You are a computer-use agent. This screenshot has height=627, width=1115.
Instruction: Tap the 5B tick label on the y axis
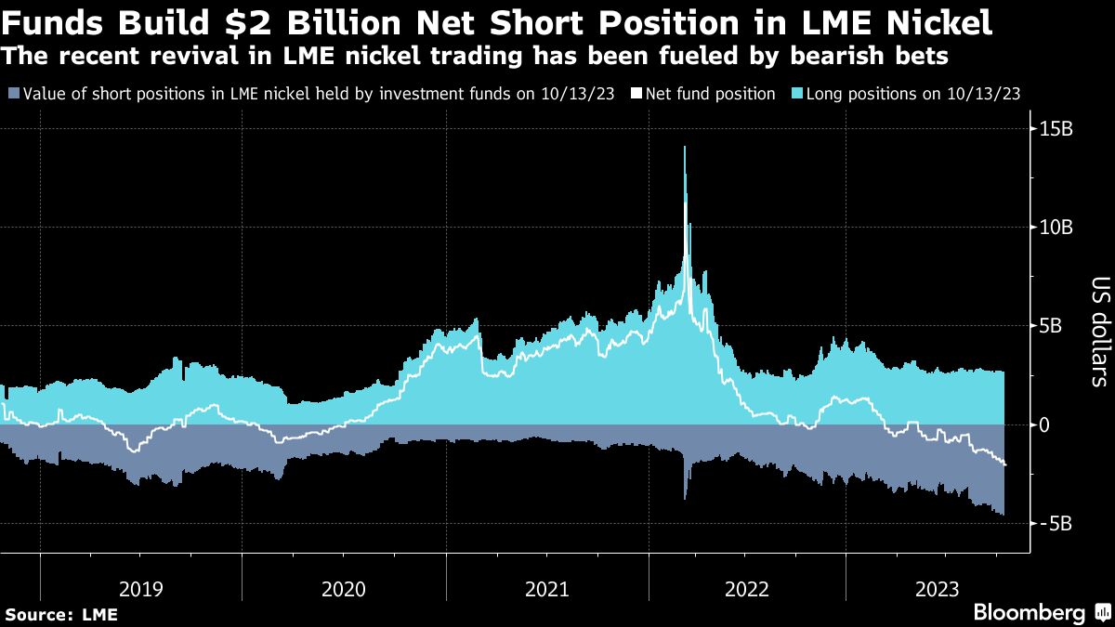[x=1052, y=326]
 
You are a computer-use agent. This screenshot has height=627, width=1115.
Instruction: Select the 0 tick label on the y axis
[x=1044, y=425]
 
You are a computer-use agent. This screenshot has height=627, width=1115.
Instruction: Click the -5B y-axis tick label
[x=1055, y=523]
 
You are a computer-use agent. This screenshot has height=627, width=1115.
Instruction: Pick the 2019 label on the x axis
[x=141, y=589]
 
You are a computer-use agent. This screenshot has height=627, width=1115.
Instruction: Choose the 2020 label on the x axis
[x=343, y=589]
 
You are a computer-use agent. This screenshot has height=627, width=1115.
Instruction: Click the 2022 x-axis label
[x=746, y=589]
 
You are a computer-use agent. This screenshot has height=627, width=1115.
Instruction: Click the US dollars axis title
[x=1099, y=332]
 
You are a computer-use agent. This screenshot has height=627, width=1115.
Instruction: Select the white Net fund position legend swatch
[x=636, y=94]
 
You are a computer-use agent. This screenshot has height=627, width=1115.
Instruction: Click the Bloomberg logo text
[x=1030, y=613]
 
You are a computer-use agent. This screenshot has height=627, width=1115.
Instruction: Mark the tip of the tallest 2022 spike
[x=685, y=146]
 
